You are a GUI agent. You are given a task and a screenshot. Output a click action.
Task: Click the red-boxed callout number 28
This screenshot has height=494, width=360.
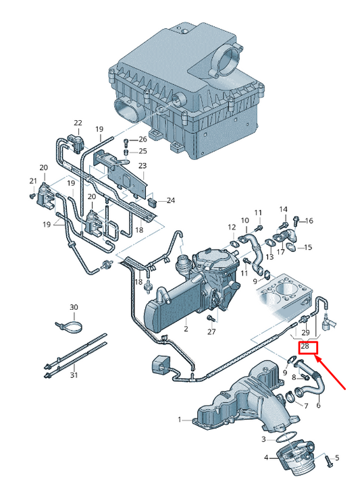coord(305,346)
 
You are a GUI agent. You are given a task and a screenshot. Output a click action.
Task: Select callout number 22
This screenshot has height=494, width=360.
coord(78,123)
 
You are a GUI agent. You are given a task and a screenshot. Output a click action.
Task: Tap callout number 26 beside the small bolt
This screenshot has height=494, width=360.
coord(142,140)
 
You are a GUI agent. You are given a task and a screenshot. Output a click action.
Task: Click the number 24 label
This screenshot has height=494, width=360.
coord(170,200)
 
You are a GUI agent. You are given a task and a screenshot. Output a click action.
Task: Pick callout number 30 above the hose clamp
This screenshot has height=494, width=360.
coord(74,308)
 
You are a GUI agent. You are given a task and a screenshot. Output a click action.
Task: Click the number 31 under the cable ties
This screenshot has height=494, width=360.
coord(74,376)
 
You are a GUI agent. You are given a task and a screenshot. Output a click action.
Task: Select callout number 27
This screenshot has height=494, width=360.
coord(211,331)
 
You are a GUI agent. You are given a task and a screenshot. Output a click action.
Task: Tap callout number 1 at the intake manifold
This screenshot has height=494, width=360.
coord(180,420)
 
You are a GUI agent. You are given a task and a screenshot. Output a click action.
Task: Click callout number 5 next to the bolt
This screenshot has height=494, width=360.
coord(337,458)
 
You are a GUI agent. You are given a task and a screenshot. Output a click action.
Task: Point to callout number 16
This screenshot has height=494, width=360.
coord(309,221)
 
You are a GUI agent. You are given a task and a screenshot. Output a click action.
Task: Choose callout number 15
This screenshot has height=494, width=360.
coord(308,248)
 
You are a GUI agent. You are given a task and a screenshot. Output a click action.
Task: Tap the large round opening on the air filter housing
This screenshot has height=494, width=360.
coord(226,57)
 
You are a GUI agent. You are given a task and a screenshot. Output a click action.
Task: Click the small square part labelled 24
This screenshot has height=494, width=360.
coord(153,200)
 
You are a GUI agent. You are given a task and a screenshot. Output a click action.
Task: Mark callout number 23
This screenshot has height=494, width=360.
coord(142,165)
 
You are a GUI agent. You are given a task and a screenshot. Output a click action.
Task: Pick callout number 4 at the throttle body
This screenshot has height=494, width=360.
coord(266,458)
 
